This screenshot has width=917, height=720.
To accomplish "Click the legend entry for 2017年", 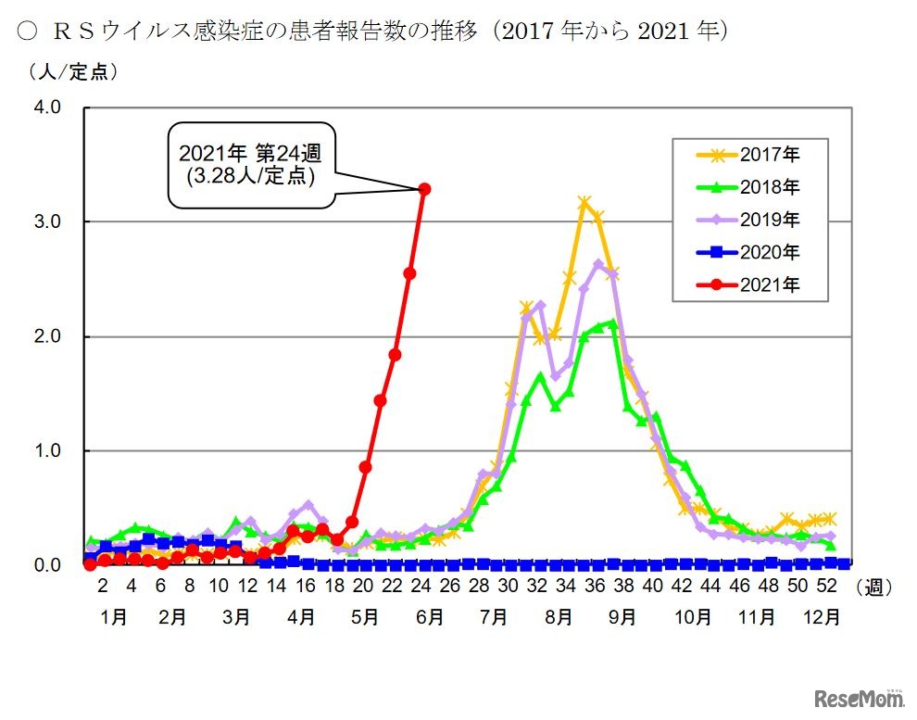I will tap(748, 154).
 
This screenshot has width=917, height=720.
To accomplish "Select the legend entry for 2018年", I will tap(748, 187).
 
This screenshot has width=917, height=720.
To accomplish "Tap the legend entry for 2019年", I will tap(748, 220).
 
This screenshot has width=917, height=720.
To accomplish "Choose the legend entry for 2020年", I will tap(748, 252).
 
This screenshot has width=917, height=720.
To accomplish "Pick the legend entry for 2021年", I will tap(748, 285).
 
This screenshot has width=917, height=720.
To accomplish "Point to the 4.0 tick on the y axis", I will tap(48, 107).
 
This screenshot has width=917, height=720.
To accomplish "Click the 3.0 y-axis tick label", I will tap(48, 221).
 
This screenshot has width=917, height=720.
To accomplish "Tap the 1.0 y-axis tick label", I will tap(48, 450).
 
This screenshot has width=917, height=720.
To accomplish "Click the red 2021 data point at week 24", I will tap(424, 189).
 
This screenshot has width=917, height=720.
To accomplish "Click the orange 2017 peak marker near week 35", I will tap(584, 202).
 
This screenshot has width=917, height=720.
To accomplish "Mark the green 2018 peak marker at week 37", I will tap(612, 323).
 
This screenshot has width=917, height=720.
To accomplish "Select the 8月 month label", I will tap(558, 616).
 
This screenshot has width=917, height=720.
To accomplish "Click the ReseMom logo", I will tap(858, 696).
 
